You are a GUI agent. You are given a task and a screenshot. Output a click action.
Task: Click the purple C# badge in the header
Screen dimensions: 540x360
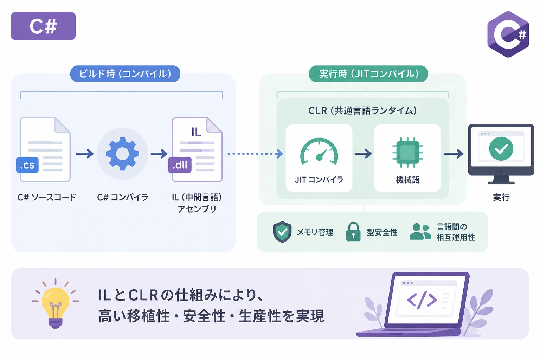pos(43,26)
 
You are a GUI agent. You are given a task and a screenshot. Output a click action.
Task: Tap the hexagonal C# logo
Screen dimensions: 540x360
pos(508,34)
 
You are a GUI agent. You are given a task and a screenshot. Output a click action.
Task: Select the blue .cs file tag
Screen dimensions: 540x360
pos(27,165)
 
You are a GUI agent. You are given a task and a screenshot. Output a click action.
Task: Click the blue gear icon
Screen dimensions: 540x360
pos(122,154)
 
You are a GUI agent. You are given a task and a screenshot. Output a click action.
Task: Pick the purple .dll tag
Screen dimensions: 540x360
pos(180,165)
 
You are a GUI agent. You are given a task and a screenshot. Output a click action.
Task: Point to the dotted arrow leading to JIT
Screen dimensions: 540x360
pos(256,154)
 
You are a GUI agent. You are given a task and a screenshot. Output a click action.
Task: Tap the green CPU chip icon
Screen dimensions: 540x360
pos(407,152)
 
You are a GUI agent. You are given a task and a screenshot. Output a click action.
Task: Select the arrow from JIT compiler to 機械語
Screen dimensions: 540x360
pos(363,154)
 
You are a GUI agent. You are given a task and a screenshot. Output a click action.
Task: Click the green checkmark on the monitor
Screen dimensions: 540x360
pos(501,148)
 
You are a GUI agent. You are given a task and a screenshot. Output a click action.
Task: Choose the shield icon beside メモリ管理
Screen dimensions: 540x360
pos(282,232)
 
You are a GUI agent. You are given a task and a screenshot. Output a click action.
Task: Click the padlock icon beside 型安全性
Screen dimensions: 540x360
pos(353,232)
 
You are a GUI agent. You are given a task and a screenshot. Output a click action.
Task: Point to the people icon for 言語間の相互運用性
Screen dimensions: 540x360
pos(420,231)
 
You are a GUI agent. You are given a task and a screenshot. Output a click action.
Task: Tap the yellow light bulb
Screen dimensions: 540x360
pos(56,306)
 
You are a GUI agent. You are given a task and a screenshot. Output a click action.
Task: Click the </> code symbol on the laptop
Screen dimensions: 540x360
pos(422,300)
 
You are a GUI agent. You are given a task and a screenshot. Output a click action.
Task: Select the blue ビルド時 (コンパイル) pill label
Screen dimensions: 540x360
pos(125,74)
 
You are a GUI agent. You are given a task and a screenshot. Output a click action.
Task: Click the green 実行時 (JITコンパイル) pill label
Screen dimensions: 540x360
pos(368,74)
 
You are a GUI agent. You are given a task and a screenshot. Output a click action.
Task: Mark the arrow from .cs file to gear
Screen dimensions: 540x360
pos(85,154)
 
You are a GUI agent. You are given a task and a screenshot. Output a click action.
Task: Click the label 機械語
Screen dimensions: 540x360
pos(407,180)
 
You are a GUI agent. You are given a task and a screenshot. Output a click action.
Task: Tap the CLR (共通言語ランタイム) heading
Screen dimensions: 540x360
pos(362,110)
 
